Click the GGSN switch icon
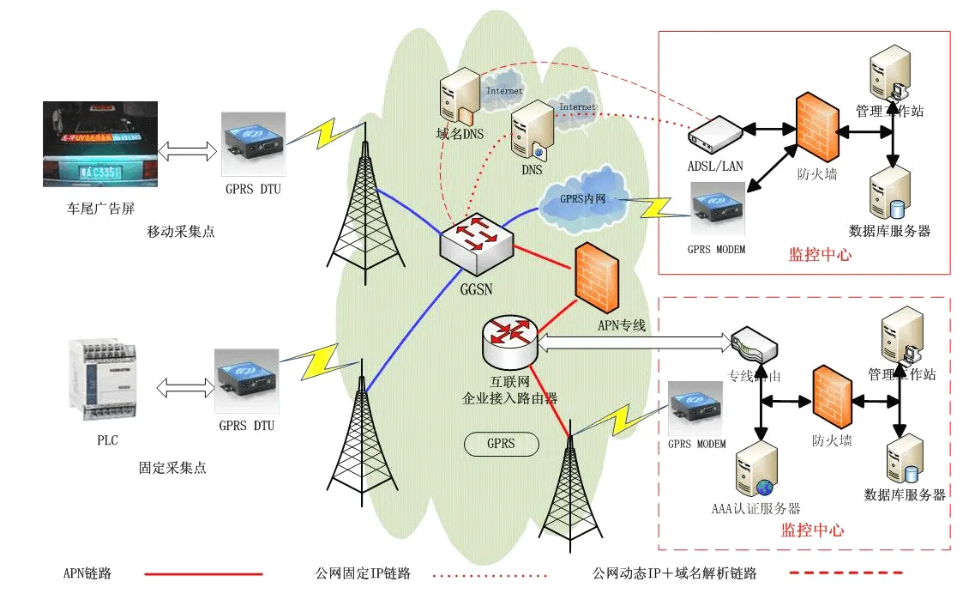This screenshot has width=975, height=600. [475, 239]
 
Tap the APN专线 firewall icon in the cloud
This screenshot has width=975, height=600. [598, 276]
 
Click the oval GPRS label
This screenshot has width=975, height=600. [501, 444]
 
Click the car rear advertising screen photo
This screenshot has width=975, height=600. [100, 143]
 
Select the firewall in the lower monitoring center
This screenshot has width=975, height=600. [832, 397]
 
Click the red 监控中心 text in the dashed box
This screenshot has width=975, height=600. [812, 530]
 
